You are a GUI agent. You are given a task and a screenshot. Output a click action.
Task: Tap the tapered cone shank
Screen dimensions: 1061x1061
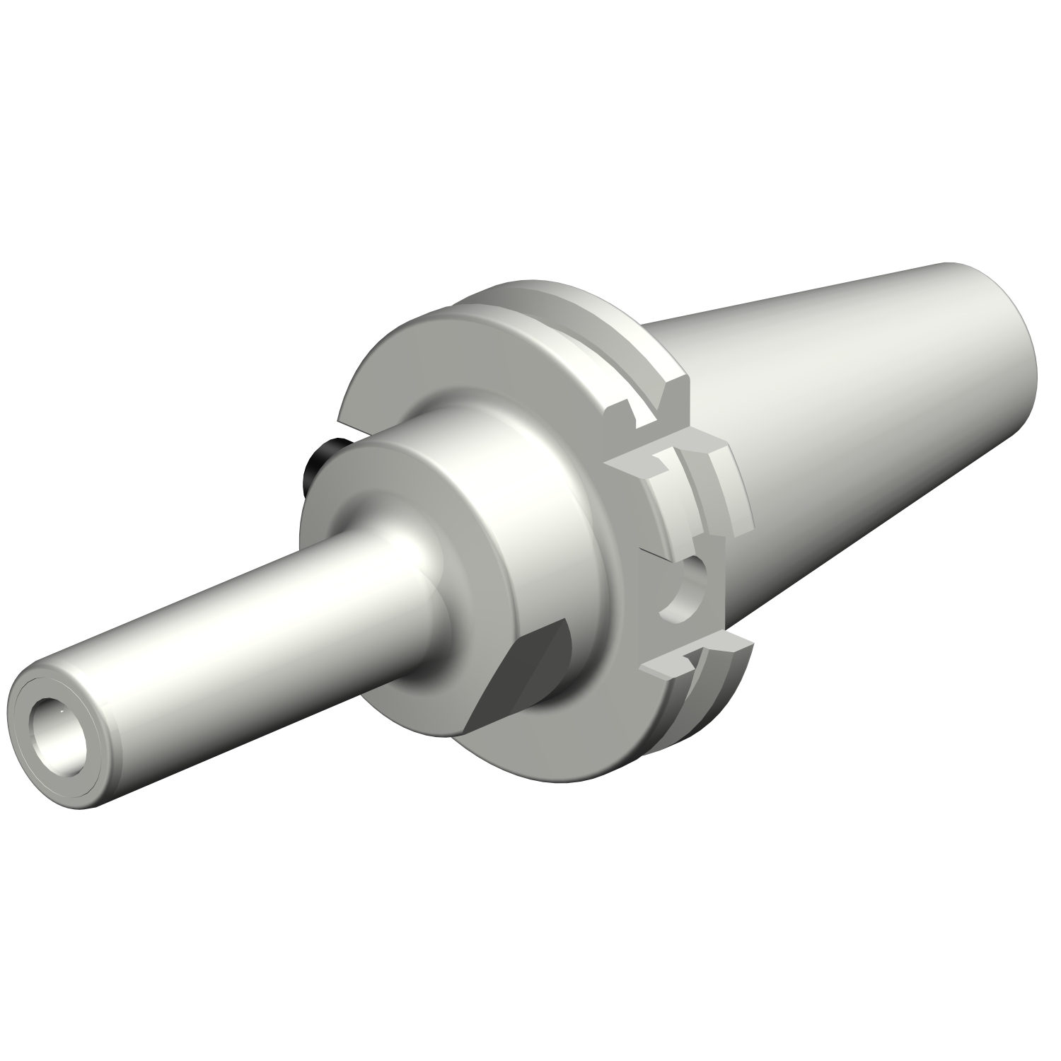click(849, 424)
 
